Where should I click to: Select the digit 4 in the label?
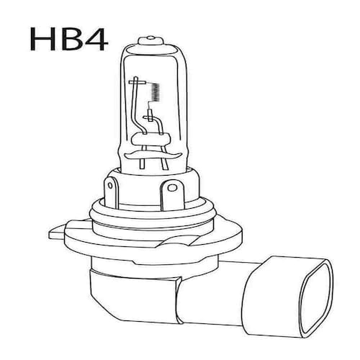click(x=96, y=39)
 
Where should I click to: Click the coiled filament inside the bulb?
click(x=156, y=92)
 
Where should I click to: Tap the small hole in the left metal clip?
click(x=110, y=185)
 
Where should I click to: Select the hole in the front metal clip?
click(x=172, y=187)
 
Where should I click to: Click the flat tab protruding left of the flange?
click(x=57, y=233)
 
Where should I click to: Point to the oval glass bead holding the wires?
click(x=151, y=140)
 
